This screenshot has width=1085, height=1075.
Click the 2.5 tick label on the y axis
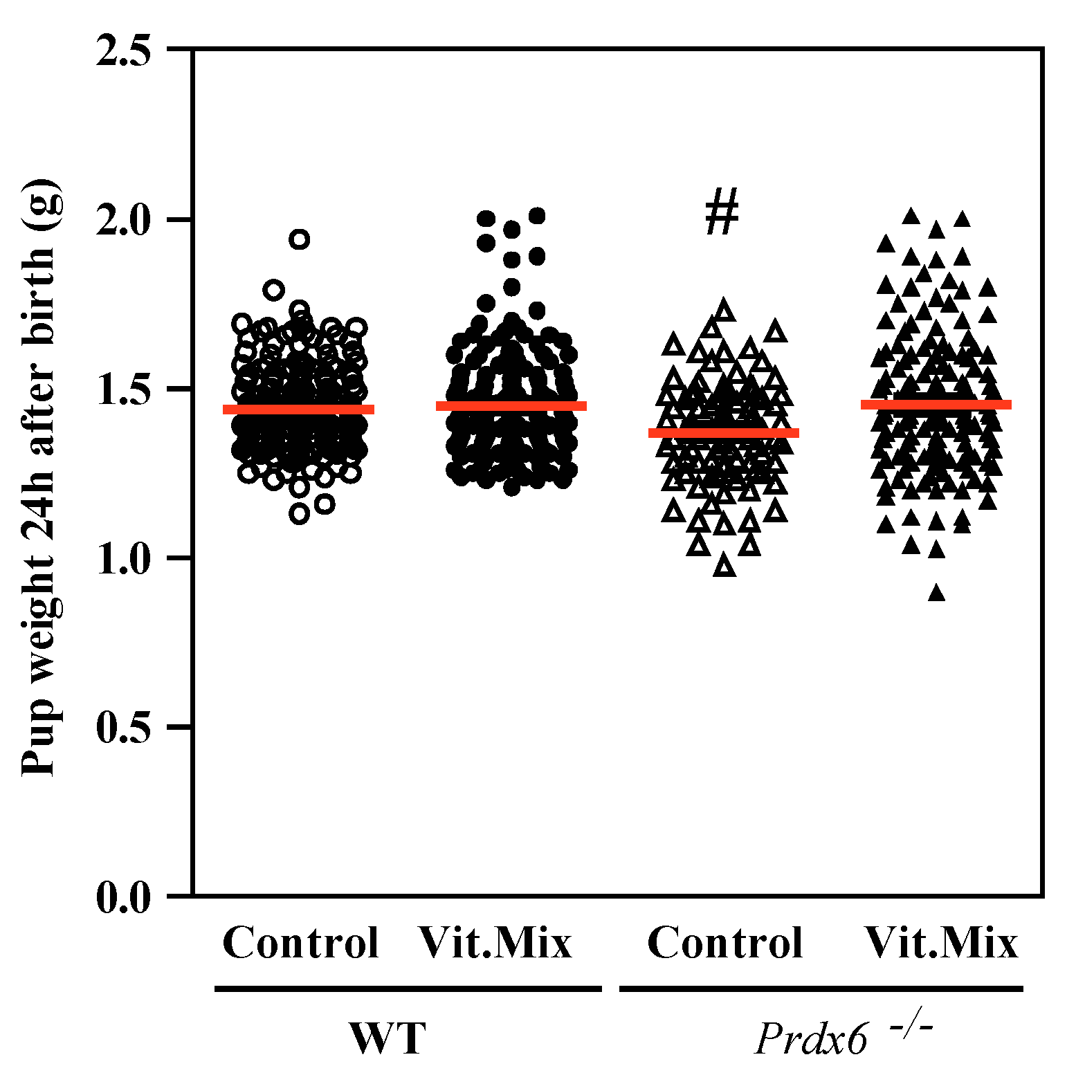pyautogui.click(x=123, y=51)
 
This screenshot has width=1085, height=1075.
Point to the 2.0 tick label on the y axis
pyautogui.click(x=123, y=221)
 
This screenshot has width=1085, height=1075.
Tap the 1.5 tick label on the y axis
pyautogui.click(x=123, y=390)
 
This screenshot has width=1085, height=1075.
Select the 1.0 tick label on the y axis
pyautogui.click(x=123, y=559)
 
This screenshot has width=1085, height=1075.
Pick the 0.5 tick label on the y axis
pyautogui.click(x=123, y=728)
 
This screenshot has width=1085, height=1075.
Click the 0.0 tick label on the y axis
pyautogui.click(x=123, y=898)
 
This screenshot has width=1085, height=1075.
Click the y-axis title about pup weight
pyautogui.click(x=40, y=477)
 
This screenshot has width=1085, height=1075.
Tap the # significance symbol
pyautogui.click(x=722, y=212)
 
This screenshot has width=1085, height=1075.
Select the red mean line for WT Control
pyautogui.click(x=298, y=410)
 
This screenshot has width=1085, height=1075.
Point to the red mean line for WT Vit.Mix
pyautogui.click(x=511, y=406)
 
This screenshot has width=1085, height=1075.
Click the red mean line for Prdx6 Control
pyautogui.click(x=724, y=433)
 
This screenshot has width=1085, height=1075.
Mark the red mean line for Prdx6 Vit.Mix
pyautogui.click(x=936, y=405)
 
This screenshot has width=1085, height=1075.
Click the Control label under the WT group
pyautogui.click(x=300, y=942)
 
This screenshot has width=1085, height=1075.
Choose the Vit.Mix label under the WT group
pyautogui.click(x=495, y=942)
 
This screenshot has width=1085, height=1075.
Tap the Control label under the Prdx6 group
pyautogui.click(x=724, y=942)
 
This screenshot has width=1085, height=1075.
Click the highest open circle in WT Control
pyautogui.click(x=299, y=239)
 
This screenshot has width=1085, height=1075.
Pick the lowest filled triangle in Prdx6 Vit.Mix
pyautogui.click(x=937, y=593)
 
